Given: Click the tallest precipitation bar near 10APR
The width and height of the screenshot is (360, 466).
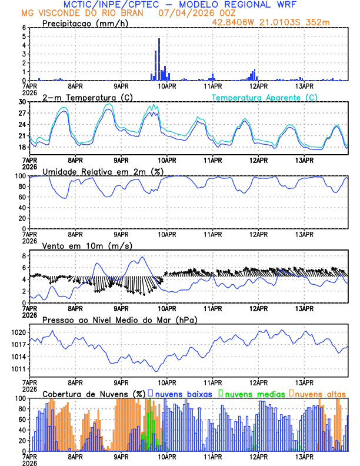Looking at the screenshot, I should pyautogui.click(x=159, y=59).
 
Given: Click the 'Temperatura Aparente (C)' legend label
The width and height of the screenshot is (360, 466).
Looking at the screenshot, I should pyautogui.click(x=264, y=97).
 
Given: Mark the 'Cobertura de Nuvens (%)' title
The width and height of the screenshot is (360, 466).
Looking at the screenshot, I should pyautogui.click(x=94, y=393).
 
